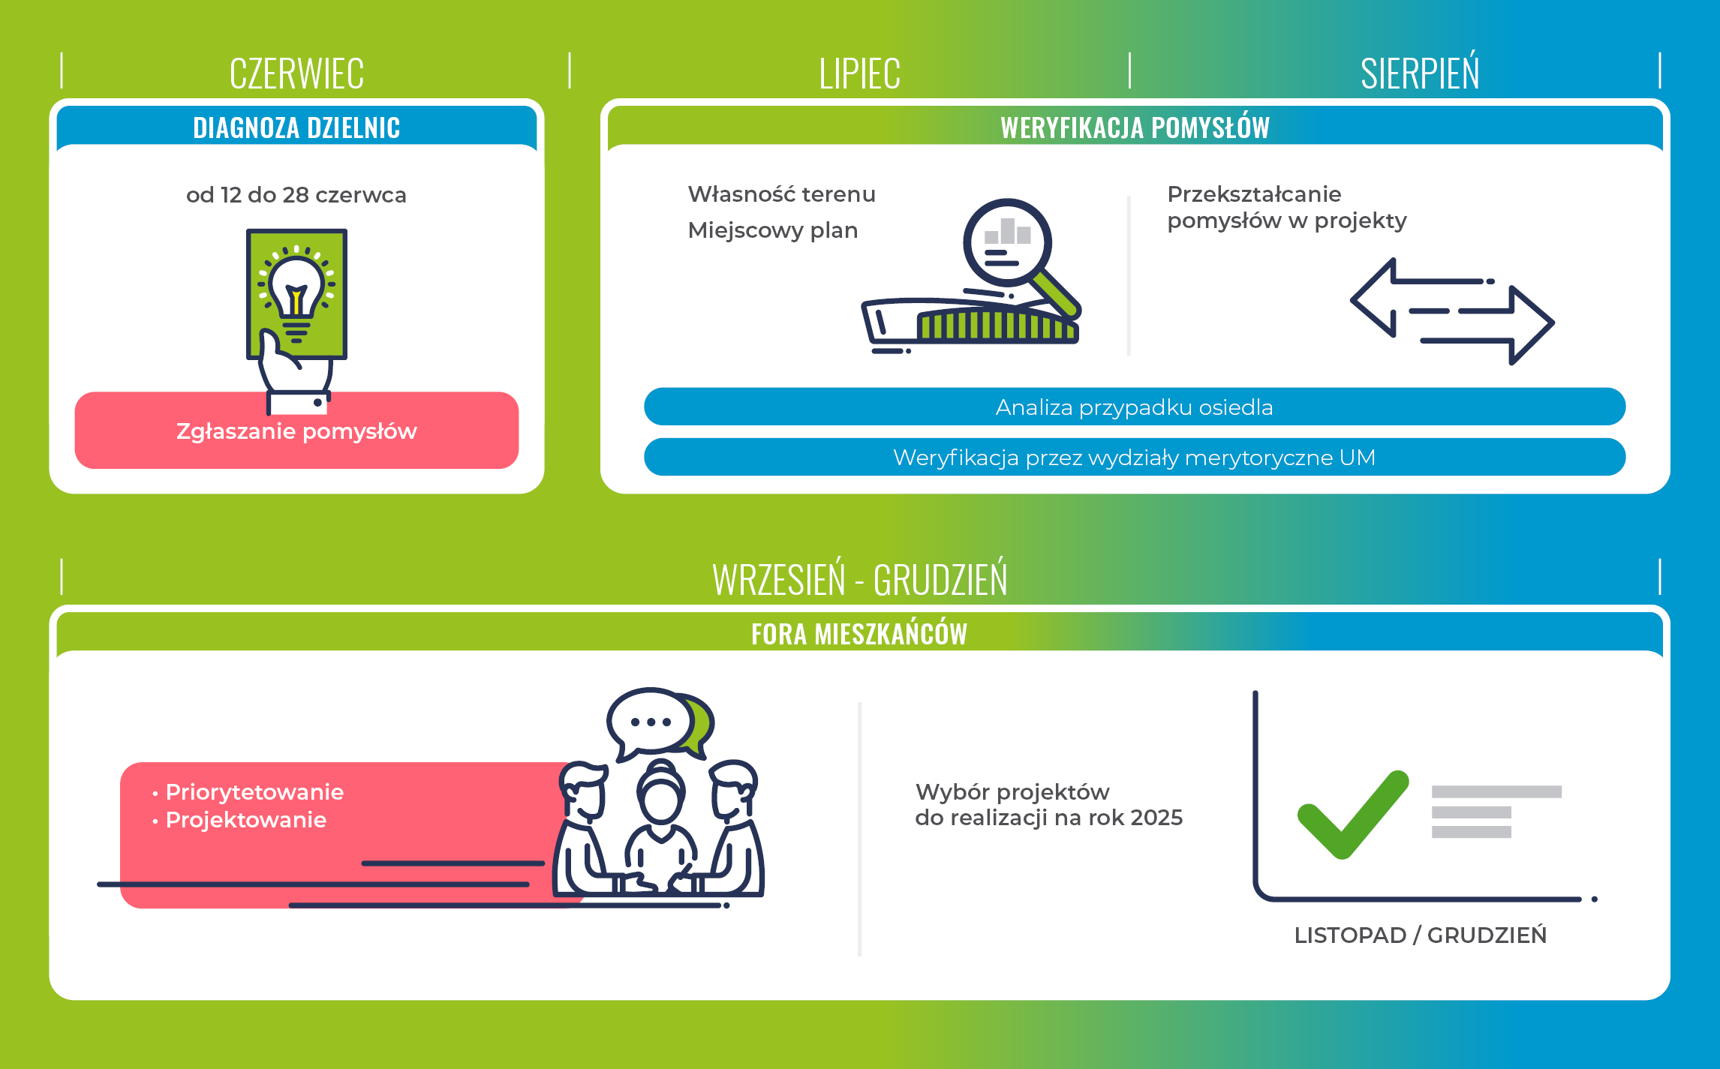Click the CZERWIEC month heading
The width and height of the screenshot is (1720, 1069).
(x=296, y=74)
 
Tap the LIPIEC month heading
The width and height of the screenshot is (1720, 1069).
(x=859, y=74)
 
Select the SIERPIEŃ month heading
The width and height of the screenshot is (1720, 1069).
(x=1420, y=71)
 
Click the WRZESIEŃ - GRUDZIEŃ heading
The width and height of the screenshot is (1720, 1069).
(x=859, y=578)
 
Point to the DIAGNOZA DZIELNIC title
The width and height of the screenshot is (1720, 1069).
(x=296, y=128)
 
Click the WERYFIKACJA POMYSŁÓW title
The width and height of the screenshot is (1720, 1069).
(x=1135, y=127)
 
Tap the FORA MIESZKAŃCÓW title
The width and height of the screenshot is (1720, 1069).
(x=859, y=633)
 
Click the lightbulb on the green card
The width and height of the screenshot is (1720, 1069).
(x=296, y=293)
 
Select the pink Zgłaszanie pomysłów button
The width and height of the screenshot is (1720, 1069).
(x=296, y=431)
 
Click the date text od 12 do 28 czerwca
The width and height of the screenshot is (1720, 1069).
(x=296, y=195)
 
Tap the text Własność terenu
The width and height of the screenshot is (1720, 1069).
(x=781, y=194)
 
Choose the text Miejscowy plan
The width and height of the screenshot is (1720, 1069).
(x=772, y=230)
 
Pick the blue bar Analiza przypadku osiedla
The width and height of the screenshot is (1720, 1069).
(x=1135, y=407)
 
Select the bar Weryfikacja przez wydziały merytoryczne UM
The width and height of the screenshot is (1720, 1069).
(x=1135, y=457)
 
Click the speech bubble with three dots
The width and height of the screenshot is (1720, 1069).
(x=650, y=722)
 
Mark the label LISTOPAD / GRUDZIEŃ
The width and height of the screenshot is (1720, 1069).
(x=1420, y=935)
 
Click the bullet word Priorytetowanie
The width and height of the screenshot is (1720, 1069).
(x=254, y=792)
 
